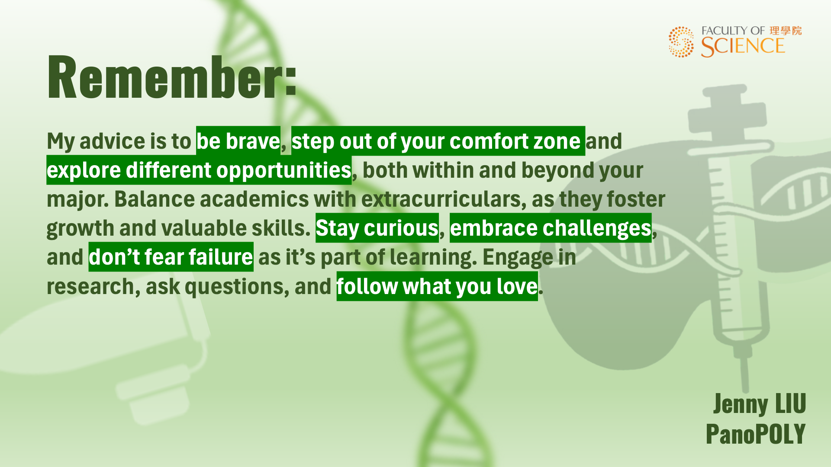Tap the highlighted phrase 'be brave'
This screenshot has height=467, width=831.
coord(238,141)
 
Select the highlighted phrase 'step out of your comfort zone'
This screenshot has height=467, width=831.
coord(438,141)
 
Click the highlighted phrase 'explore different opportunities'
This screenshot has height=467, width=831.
coord(199,170)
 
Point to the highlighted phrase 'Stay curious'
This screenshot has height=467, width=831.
coord(377,228)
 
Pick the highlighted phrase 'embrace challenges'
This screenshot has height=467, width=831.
coord(551,228)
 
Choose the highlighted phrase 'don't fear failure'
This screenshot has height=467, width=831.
coord(171,257)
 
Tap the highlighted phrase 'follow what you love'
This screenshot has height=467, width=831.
coord(437,286)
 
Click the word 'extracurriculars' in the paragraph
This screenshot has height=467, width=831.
coord(444,199)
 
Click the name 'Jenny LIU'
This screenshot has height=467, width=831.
coord(760,404)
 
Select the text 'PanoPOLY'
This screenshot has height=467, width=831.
coord(756,434)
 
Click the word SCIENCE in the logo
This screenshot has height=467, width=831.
coord(743,46)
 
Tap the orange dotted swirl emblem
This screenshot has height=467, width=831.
coord(681,42)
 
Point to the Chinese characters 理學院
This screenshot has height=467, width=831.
coord(786,31)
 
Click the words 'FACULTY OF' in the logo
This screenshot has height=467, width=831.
coord(733,31)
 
